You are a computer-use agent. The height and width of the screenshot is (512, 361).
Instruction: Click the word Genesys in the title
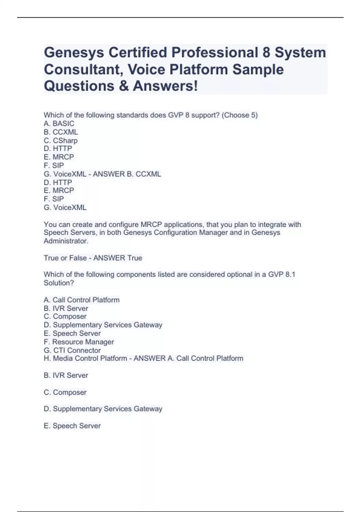coord(74,53)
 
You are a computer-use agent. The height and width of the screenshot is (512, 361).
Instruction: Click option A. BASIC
coord(59,123)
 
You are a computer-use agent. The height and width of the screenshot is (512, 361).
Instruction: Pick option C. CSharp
coord(60,141)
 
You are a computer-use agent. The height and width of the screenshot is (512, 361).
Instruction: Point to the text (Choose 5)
coord(239,115)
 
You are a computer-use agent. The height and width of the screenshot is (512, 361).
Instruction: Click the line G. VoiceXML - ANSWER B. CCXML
coord(102,174)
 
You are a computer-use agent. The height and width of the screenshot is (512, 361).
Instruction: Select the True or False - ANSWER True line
coord(93,258)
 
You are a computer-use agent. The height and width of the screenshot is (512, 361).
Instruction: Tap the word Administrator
coord(66,241)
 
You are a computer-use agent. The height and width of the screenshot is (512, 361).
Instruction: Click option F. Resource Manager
coord(79,342)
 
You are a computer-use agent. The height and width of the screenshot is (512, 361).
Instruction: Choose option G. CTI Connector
coord(72,350)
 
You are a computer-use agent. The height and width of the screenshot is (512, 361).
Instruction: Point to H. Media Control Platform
coord(85,358)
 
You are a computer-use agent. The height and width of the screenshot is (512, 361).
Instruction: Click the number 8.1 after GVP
coord(290,274)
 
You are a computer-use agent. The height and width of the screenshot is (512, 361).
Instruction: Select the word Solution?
coord(59,283)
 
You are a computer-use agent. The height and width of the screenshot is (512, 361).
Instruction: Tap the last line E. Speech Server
coord(72,426)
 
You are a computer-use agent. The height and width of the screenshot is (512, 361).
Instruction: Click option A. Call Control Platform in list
coord(82,300)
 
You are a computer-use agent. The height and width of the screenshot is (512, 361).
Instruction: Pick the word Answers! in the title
coord(165,86)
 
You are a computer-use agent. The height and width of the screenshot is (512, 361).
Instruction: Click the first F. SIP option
coord(54,165)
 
